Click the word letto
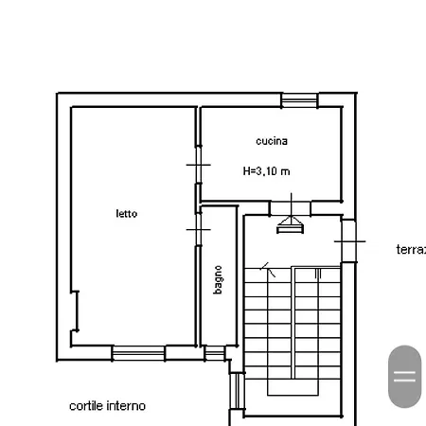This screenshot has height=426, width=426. click(127, 214)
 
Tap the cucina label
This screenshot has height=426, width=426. click(272, 141)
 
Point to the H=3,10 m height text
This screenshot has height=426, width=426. click(266, 171)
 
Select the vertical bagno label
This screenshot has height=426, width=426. click(218, 279)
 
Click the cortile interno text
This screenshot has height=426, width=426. click(107, 406)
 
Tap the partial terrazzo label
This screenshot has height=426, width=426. click(411, 249)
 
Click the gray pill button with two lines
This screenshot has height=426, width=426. click(405, 377)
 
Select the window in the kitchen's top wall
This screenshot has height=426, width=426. click(299, 100)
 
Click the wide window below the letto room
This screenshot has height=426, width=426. click(138, 353)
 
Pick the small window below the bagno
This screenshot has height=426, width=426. click(215, 353)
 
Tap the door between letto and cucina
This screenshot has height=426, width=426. click(198, 165)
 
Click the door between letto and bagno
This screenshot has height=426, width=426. click(198, 229)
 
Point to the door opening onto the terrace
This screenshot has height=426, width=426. click(349, 241)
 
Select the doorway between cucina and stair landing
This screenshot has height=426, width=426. click(291, 208)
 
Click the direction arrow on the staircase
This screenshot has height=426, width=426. click(268, 270)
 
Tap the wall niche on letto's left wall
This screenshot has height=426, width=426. click(75, 311)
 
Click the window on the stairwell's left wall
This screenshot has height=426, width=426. click(237, 391)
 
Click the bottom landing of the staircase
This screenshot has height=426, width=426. click(293, 387)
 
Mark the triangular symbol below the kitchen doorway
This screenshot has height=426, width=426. click(291, 225)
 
